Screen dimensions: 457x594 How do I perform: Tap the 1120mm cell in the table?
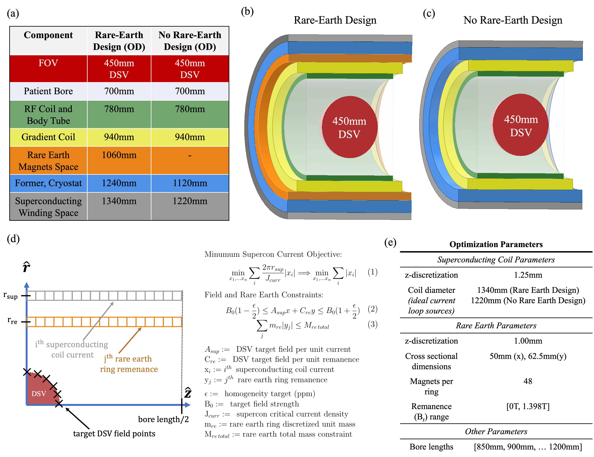[x=190, y=183]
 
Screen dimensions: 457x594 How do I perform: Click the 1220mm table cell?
[x=190, y=201]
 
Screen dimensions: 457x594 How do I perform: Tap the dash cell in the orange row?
[x=190, y=156]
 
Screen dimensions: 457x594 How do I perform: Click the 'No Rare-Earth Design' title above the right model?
[x=513, y=20]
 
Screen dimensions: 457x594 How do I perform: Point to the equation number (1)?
[x=372, y=272]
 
